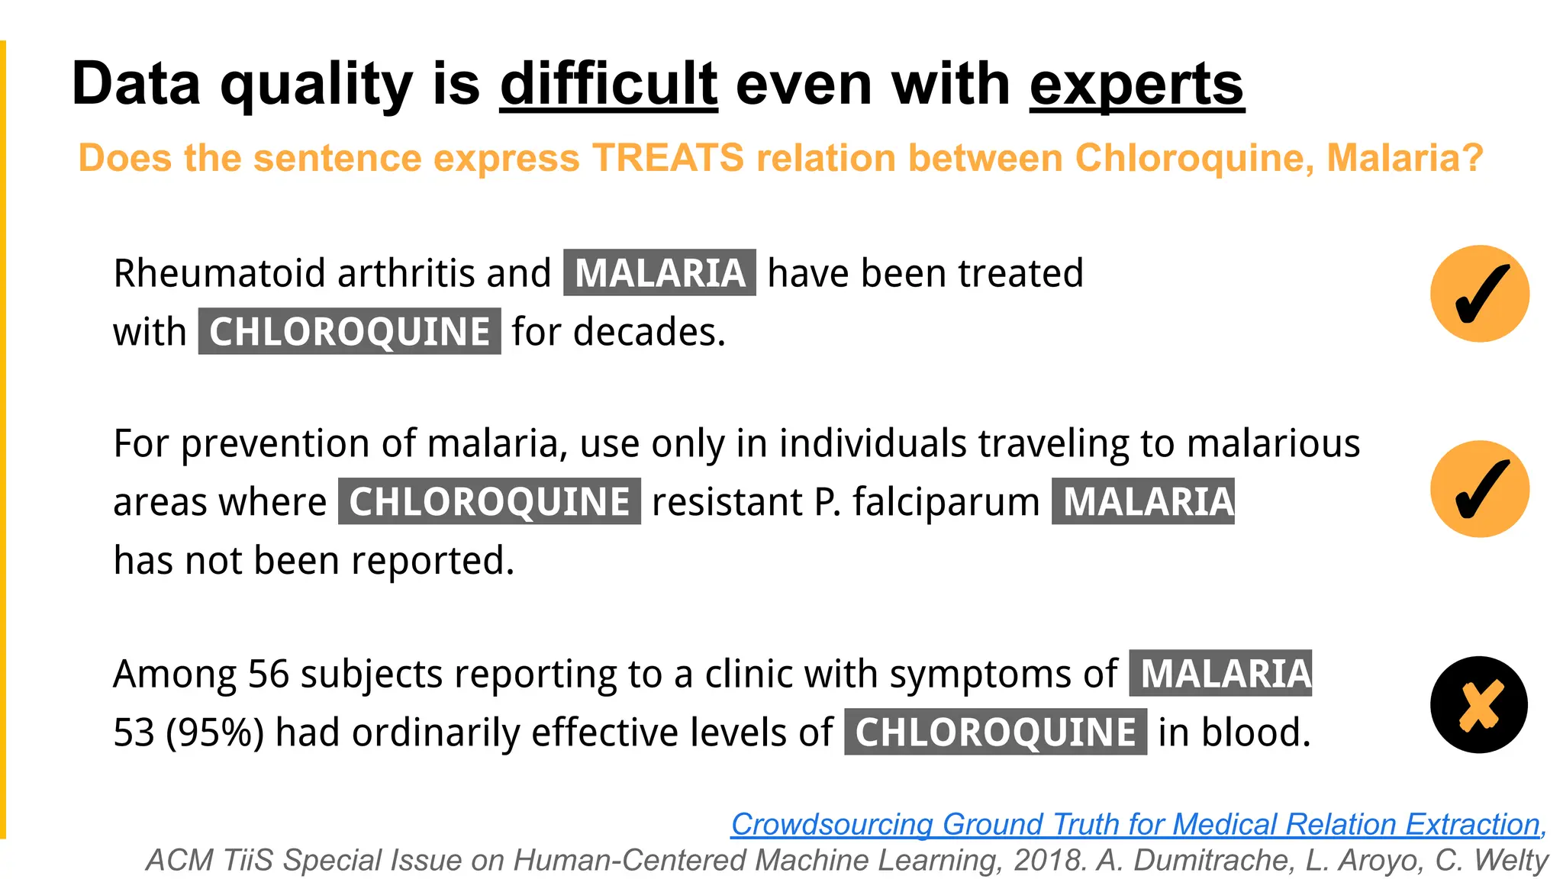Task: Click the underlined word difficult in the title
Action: coord(608,84)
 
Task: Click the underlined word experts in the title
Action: coord(1136,84)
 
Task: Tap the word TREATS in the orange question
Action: coord(668,158)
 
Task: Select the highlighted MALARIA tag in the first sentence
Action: coord(659,272)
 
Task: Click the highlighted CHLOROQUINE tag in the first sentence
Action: coord(350,331)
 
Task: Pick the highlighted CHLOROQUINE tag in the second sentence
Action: coord(489,501)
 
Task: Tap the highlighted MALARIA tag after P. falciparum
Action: coord(1142,501)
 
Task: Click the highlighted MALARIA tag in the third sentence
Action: coord(1220,673)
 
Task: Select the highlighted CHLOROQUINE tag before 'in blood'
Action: coord(995,732)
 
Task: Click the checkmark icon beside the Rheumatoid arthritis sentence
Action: coord(1479,294)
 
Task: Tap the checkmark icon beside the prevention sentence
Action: coord(1479,489)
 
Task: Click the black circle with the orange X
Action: coord(1478,704)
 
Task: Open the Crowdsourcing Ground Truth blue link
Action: coord(1137,824)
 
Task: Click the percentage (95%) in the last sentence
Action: coord(214,732)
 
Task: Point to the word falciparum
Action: coord(946,502)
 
